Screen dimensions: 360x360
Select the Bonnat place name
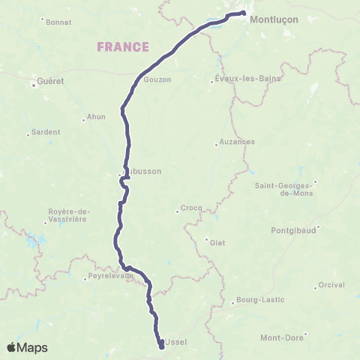[x=58, y=22]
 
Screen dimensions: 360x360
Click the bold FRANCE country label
[x=123, y=47]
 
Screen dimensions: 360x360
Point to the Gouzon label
[x=157, y=79]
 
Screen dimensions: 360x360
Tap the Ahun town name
[x=96, y=116]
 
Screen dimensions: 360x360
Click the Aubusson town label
[x=144, y=171]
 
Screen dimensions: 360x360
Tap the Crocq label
[x=187, y=208]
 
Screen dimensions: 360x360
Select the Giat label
[x=217, y=241]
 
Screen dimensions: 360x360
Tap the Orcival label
[x=331, y=284]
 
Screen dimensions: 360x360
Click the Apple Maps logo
[x=28, y=347]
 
